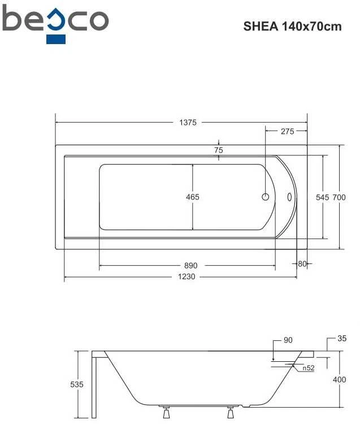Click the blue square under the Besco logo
(x=56, y=39)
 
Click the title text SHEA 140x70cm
(x=292, y=27)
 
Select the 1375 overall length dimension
(x=188, y=123)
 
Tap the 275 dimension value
(x=287, y=131)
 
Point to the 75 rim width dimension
(x=218, y=150)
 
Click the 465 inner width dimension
(x=192, y=197)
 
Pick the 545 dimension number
(x=323, y=197)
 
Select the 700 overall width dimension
(x=339, y=197)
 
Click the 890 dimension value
(x=191, y=266)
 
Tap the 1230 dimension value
(x=186, y=276)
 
